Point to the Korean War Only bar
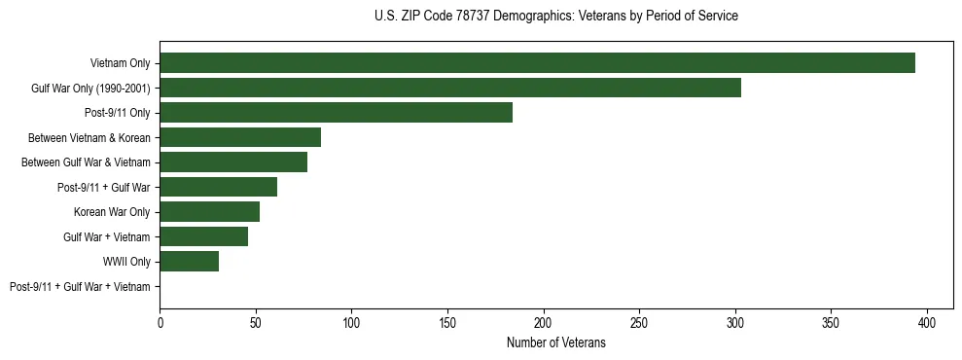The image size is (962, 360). pos(209,211)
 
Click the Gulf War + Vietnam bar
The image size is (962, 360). pos(203,236)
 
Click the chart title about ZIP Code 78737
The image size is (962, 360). pos(555,17)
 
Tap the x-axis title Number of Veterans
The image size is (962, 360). pos(555,342)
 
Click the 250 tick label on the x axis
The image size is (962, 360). pos(639,322)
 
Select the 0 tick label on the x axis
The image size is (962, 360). pos(160,322)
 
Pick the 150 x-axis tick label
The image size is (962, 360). pos(447,322)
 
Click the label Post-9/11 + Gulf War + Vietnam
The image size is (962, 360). pos(80,286)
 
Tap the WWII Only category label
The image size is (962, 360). pos(126,262)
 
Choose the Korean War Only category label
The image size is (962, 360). pos(112,212)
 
